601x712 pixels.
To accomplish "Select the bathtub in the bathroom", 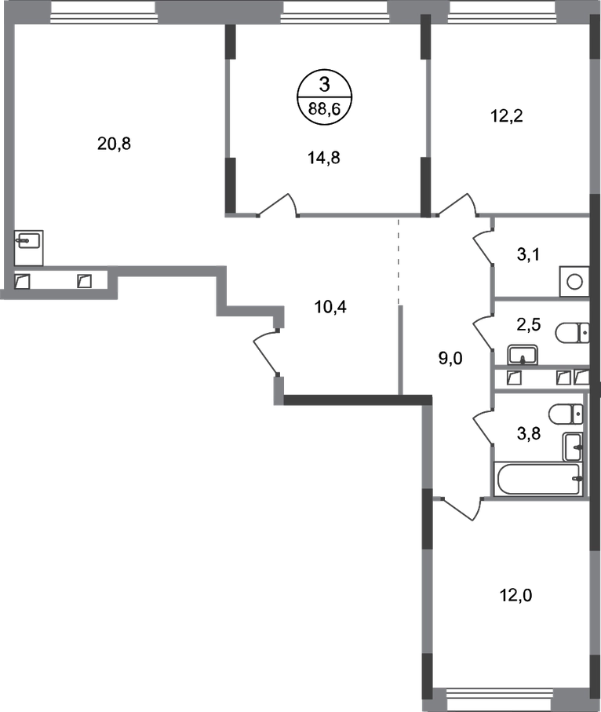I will pos(538,477).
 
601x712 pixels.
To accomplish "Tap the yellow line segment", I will pos(256,302).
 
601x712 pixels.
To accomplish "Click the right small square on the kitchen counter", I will pos(85,279).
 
